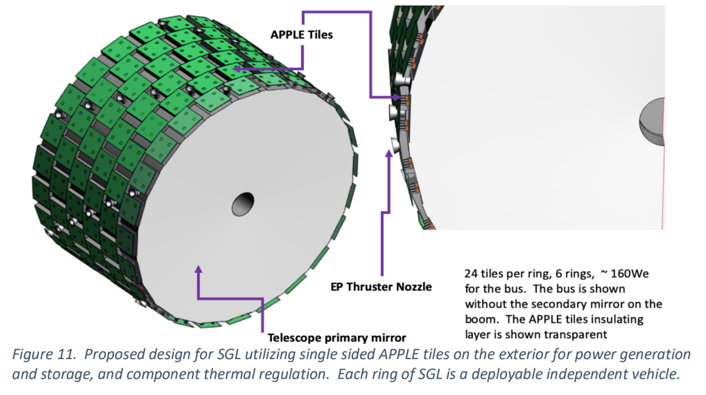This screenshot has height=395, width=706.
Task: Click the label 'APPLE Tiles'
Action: (302, 35)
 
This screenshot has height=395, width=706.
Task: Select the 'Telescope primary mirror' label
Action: (337, 338)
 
